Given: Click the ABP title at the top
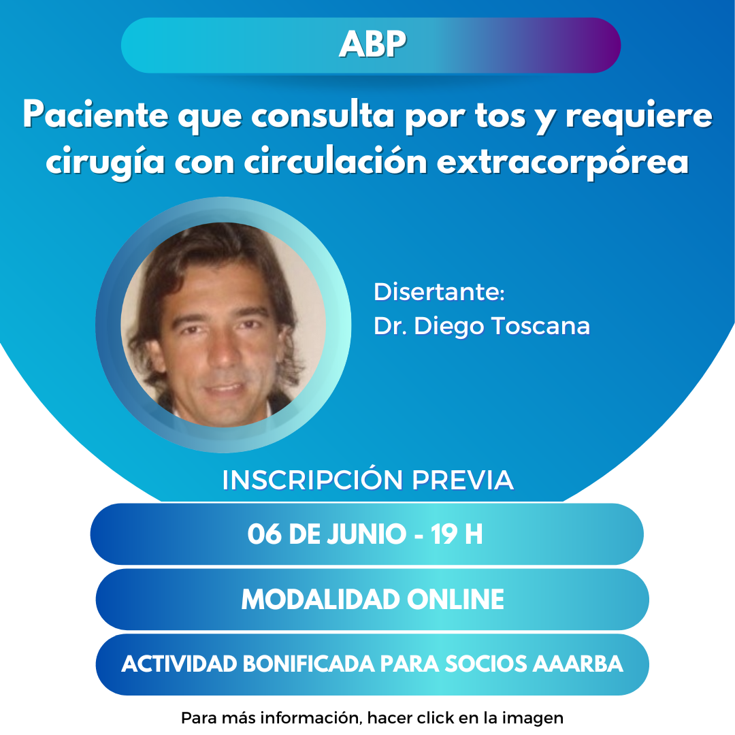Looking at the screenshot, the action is click(x=372, y=44).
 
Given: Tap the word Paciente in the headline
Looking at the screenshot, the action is click(x=96, y=115).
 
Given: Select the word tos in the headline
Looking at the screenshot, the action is click(x=500, y=116).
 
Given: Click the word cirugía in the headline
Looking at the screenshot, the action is click(x=105, y=162).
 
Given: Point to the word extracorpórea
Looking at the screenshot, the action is click(x=563, y=163).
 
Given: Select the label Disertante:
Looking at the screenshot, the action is click(x=439, y=291).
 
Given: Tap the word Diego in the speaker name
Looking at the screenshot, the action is click(x=448, y=327).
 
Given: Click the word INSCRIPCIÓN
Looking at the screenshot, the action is click(x=312, y=480).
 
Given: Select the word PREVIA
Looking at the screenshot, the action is click(x=463, y=480).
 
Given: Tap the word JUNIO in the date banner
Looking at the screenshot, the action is click(x=366, y=534).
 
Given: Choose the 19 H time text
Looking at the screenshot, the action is click(x=456, y=534).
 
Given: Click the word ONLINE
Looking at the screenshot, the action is click(x=455, y=599).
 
